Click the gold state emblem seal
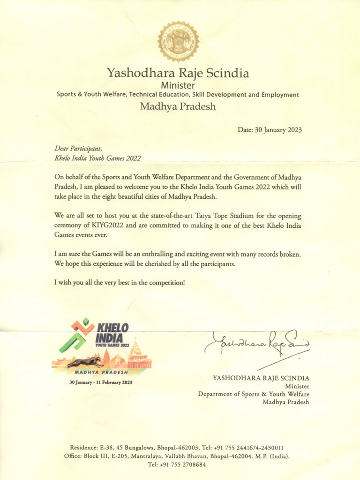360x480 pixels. (x=178, y=41)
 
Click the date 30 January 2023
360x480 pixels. (x=270, y=130)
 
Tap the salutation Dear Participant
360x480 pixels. (x=78, y=149)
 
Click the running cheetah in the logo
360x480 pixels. (x=85, y=362)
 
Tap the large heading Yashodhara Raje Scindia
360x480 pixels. (x=178, y=73)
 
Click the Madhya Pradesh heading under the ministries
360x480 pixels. (x=178, y=106)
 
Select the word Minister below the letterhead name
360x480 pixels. (x=178, y=85)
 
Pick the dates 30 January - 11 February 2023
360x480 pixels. (x=101, y=382)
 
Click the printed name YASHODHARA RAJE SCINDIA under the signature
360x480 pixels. (x=261, y=378)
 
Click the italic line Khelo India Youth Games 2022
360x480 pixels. (x=97, y=158)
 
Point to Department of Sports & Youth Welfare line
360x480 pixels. (x=254, y=394)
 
